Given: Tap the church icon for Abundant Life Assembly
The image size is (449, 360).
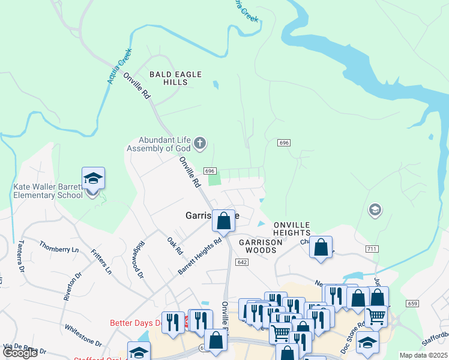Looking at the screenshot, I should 200,143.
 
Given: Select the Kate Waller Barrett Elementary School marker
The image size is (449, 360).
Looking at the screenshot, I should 93,179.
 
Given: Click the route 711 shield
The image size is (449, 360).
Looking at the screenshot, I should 372,248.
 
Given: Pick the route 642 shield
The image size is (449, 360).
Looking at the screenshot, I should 242,262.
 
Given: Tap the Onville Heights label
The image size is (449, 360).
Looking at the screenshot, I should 292,228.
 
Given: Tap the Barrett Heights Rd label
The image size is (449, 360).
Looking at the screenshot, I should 200,257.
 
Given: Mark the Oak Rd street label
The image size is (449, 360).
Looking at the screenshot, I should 175,245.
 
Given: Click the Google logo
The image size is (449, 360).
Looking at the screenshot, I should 20,353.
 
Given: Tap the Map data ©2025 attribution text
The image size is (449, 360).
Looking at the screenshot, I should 423,355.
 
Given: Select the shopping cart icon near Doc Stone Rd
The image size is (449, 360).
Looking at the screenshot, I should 376,316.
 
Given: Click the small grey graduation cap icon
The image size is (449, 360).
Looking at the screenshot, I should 375,209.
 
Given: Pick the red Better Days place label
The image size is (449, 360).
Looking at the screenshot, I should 136,323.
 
